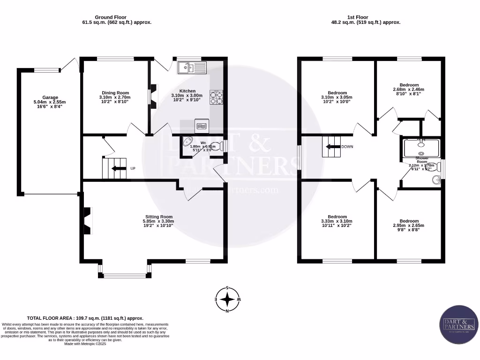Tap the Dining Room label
pyautogui.click(x=115, y=93)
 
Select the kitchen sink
pyautogui.click(x=191, y=68)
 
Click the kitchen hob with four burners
pyautogui.click(x=217, y=97)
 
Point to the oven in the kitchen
pyautogui.click(x=202, y=126)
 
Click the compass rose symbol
pyautogui.click(x=227, y=299)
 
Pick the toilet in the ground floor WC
pyautogui.click(x=216, y=147)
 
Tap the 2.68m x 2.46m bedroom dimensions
pyautogui.click(x=408, y=90)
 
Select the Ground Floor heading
pyautogui.click(x=110, y=17)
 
